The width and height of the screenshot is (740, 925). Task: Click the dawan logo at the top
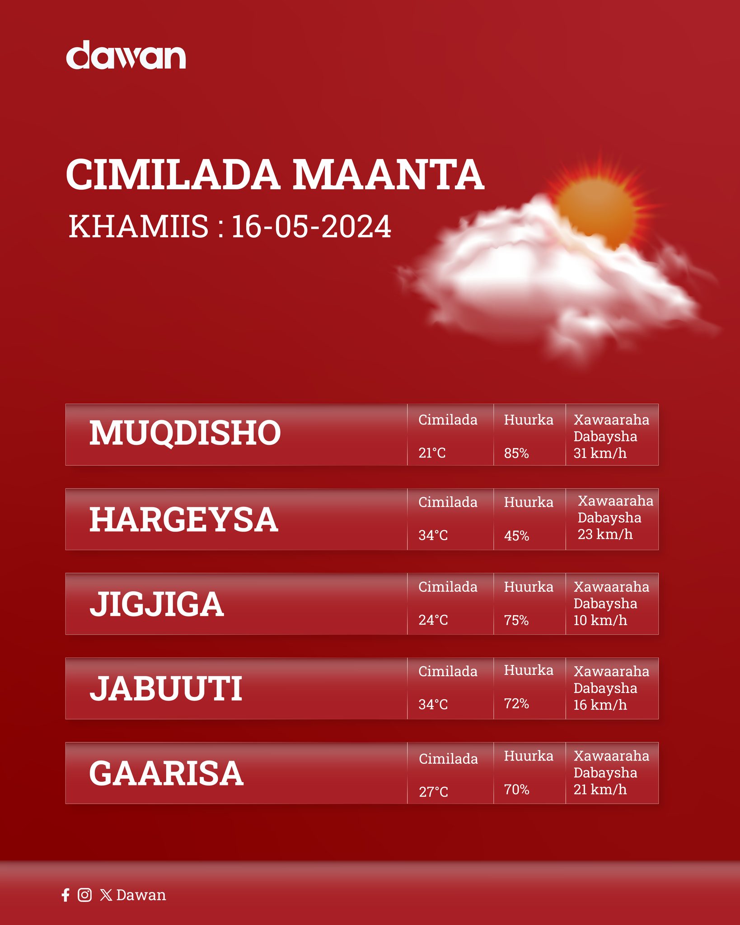tap(126, 55)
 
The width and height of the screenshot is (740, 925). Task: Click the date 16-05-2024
tap(311, 226)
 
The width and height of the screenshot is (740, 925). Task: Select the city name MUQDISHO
tap(185, 433)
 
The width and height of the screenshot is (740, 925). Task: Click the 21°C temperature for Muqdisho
tap(432, 453)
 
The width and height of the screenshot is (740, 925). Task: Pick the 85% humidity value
tap(516, 453)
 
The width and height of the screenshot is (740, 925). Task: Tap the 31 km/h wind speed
tap(600, 453)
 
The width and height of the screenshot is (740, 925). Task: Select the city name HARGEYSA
tap(183, 519)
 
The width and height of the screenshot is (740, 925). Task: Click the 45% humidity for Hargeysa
tap(516, 536)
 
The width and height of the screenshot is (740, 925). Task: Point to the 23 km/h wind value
tap(605, 534)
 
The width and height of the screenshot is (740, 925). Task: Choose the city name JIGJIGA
tap(156, 604)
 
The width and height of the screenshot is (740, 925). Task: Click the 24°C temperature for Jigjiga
tap(433, 620)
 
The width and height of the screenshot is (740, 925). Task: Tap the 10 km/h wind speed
tap(600, 620)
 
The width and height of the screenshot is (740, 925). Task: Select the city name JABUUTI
tap(166, 689)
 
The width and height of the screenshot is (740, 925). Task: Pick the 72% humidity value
tap(516, 703)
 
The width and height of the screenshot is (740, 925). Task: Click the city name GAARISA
tap(166, 773)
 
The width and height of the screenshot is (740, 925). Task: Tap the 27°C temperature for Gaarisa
tap(433, 792)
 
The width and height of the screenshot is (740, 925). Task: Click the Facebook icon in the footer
tap(66, 895)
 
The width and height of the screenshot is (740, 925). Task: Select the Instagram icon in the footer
tap(84, 895)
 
